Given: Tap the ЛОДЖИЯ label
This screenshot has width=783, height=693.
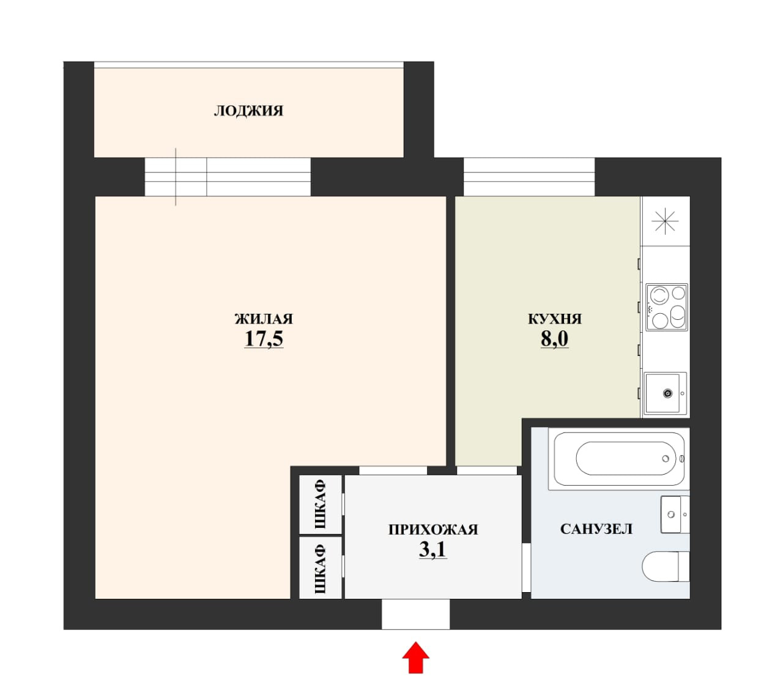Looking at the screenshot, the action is coord(248,111).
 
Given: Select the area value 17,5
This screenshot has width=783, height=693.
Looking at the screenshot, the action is coord(264,339).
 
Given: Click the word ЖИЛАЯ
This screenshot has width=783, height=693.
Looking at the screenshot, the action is coord(264,319).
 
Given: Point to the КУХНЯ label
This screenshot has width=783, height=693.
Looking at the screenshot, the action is coord(555,319).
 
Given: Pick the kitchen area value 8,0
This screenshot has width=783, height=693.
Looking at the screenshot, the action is coord(555,339).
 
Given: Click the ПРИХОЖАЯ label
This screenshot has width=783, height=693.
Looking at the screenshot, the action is coord(433,530).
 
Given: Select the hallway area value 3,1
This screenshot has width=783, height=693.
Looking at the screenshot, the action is coord(433,549).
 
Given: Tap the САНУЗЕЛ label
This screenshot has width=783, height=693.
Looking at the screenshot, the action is coord(596,529).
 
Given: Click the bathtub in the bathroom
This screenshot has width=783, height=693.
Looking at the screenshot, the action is coord(619,459).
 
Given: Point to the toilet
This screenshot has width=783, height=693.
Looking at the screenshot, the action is coord(666,566).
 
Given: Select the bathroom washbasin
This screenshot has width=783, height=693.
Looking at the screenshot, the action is coord(675,514).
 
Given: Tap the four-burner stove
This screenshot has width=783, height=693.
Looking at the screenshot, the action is coord(667,307).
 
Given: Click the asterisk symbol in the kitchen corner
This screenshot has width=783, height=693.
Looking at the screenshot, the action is coord(665,221).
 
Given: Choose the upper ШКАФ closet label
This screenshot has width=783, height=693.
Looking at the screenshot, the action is coord(321,505).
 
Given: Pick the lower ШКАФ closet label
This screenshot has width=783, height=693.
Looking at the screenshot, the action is coord(321,569).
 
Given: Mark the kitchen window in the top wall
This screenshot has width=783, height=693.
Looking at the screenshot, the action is coord(529,177).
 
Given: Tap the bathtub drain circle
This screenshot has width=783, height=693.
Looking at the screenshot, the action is coord(666,459).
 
